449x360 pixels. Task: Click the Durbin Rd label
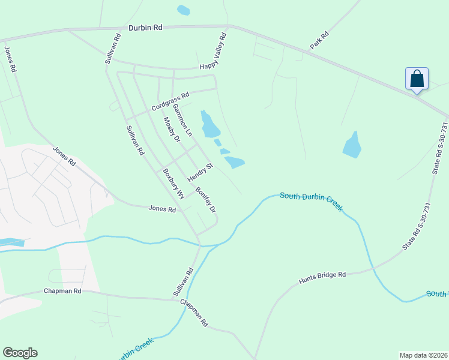145,28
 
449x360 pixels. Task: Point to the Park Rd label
320,41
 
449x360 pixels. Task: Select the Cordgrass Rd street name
170,101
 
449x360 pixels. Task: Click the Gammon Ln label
182,119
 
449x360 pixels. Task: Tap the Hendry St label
200,173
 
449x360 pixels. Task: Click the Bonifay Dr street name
205,200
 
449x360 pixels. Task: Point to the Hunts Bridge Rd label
322,278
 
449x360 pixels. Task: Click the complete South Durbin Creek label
311,202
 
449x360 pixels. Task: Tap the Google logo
20,353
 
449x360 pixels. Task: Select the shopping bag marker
417,79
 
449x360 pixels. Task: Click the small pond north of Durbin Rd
183,10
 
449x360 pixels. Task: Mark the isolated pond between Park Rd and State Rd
352,146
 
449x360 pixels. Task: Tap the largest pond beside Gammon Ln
210,125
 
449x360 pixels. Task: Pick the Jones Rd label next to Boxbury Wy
163,209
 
